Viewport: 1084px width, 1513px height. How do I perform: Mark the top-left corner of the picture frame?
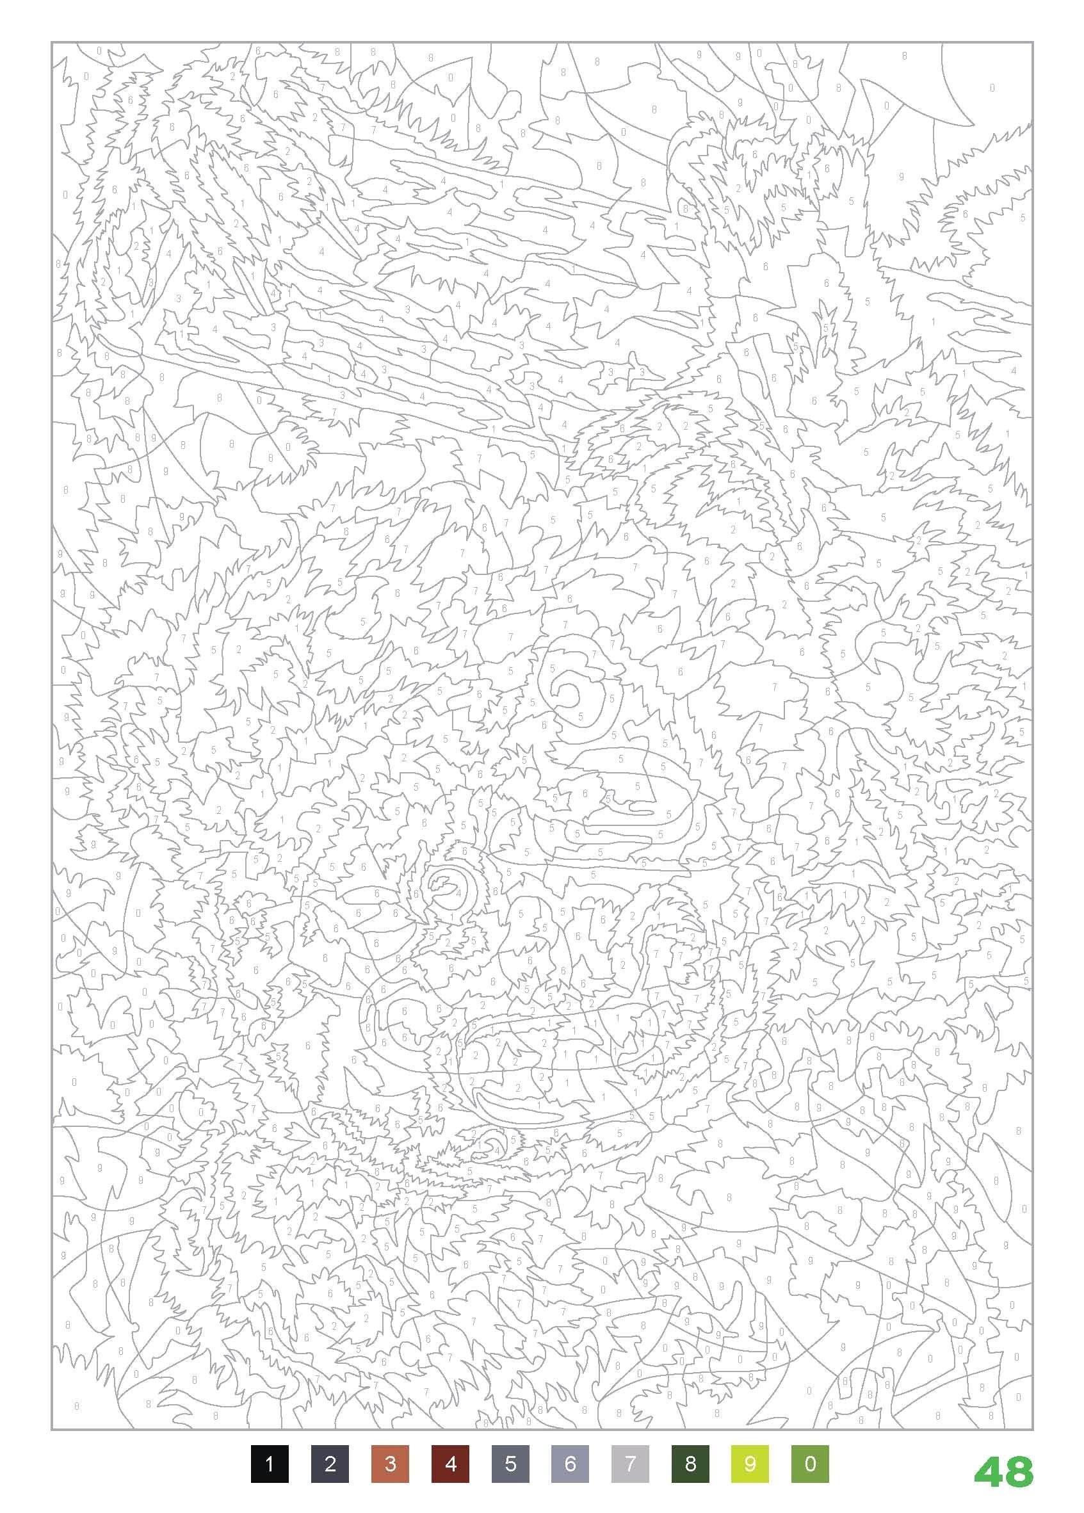52,43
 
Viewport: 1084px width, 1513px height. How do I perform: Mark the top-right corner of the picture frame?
1033,43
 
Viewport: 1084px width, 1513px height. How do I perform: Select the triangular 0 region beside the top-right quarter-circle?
887,107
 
